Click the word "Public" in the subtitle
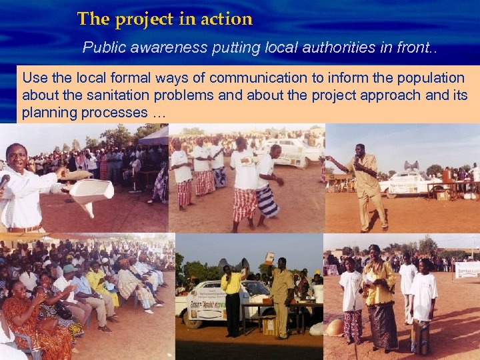coord(101,48)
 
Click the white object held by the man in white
coord(91,193)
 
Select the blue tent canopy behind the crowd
coord(155,136)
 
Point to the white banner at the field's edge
coord(467,269)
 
